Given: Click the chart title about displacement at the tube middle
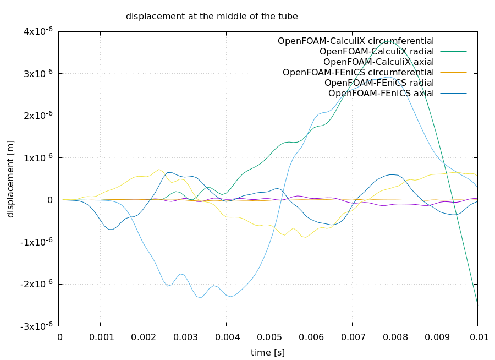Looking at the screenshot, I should (212, 17).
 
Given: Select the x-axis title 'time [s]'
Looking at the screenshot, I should (267, 352).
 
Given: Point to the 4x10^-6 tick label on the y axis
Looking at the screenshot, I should (37, 31).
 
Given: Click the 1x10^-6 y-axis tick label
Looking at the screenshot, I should (37, 157).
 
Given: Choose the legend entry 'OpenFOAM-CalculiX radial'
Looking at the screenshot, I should (377, 51).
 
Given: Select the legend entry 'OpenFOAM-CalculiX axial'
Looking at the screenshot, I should (378, 62).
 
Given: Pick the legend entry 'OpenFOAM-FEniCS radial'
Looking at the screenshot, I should (379, 83).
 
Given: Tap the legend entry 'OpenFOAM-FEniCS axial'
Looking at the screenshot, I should (381, 93).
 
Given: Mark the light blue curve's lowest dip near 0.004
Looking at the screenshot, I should (232, 297).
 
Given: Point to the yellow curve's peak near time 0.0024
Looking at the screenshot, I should (159, 169).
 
